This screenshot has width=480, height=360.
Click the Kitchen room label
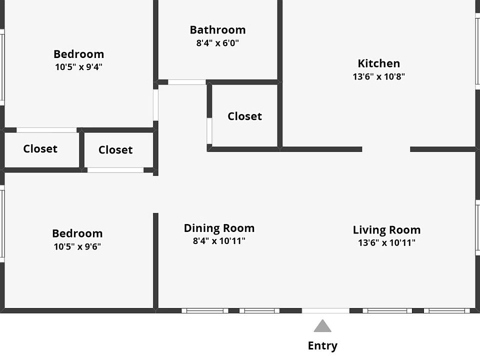(x=378, y=63)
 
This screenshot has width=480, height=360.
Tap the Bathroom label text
(x=217, y=30)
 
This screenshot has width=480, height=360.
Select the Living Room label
(x=386, y=230)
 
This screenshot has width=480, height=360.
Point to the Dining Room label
(x=219, y=228)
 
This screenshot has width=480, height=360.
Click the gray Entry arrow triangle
(x=322, y=327)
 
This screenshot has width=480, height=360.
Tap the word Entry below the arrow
(x=322, y=345)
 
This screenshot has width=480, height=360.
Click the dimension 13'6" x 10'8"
(x=378, y=77)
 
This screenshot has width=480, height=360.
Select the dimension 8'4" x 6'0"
(x=217, y=43)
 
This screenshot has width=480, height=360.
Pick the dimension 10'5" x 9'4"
(x=78, y=67)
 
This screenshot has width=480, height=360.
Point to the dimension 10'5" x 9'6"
(x=77, y=246)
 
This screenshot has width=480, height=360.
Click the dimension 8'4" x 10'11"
(x=219, y=241)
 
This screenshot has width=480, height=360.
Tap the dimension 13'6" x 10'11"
(x=386, y=243)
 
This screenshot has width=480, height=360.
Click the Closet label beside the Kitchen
(x=244, y=116)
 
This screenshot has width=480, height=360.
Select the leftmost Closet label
(x=40, y=149)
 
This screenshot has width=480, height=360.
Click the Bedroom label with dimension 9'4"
(x=78, y=54)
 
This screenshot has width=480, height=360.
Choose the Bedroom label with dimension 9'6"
(x=77, y=233)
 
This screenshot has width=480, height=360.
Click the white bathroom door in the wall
(x=186, y=82)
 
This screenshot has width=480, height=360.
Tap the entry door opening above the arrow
(x=325, y=310)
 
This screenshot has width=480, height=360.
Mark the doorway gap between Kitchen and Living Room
(x=386, y=149)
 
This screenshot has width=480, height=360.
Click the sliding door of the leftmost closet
(x=46, y=130)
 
